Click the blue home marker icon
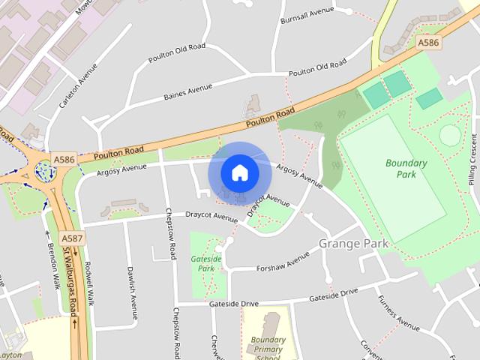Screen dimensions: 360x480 click(239, 172)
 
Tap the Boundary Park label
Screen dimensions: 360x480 click(406, 169)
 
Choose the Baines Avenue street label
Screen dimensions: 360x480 click(188, 93)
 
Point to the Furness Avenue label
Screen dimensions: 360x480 click(398, 313)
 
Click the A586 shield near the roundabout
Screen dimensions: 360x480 click(64, 160)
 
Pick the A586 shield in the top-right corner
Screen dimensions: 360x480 click(428, 43)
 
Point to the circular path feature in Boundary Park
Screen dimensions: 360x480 click(450, 135)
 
